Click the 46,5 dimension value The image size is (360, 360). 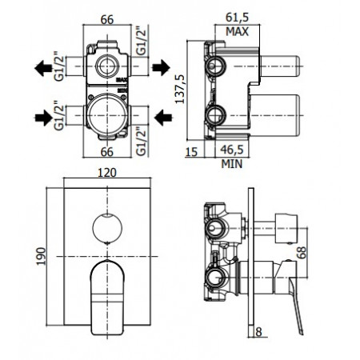(232, 150)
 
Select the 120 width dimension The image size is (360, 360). (102, 172)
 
